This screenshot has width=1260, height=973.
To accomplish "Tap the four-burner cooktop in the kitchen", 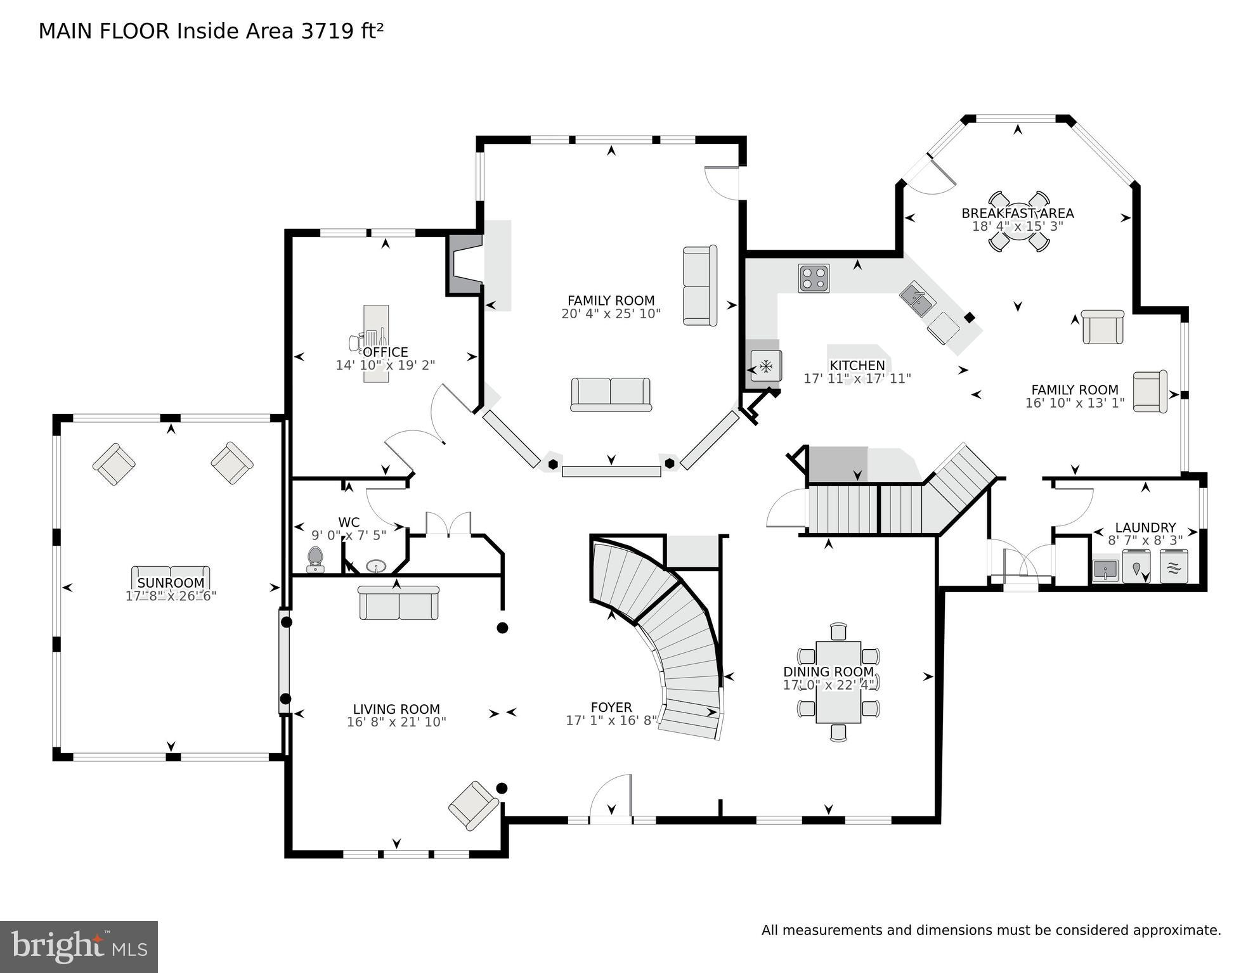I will [814, 278].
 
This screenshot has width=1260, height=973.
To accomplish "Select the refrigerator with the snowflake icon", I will [765, 366].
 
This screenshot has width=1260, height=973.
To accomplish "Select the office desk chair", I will [356, 342].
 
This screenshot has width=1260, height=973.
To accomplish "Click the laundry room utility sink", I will [1105, 569].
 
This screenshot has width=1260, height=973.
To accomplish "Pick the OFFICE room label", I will [386, 352].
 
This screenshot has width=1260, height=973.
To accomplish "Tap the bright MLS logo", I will [79, 947].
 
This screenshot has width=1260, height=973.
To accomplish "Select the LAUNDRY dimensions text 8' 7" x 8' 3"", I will [1145, 541].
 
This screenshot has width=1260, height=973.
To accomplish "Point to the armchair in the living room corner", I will [473, 805].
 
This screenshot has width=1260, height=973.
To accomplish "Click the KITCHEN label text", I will [857, 366].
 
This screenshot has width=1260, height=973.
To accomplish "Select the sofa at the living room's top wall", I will [398, 603].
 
